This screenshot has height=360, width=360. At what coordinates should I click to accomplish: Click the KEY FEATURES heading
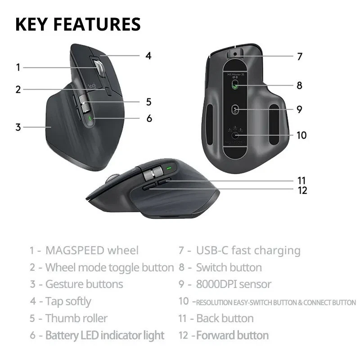click(78, 24)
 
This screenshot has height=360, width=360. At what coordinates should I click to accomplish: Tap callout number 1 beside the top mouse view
click(18, 67)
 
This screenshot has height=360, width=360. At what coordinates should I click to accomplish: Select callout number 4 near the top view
click(148, 56)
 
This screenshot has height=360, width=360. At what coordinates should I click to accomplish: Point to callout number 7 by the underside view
click(300, 57)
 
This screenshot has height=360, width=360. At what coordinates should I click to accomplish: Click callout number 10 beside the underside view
click(301, 135)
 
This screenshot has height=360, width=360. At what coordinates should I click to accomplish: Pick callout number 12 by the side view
click(302, 190)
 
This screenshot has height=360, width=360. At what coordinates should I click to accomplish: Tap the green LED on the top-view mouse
click(91, 119)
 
